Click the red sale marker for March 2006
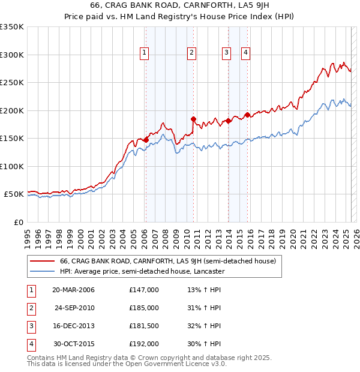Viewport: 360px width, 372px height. point(146,140)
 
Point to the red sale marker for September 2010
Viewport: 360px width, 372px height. point(193,119)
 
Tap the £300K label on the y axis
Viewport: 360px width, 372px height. point(12,55)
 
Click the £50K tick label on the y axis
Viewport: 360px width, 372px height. point(14,194)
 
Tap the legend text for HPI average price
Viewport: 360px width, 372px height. point(142,271)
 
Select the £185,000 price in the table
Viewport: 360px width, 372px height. point(144,308)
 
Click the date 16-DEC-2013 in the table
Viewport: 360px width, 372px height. point(74,326)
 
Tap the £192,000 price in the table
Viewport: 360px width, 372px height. point(144,344)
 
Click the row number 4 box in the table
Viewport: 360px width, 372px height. point(29,344)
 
